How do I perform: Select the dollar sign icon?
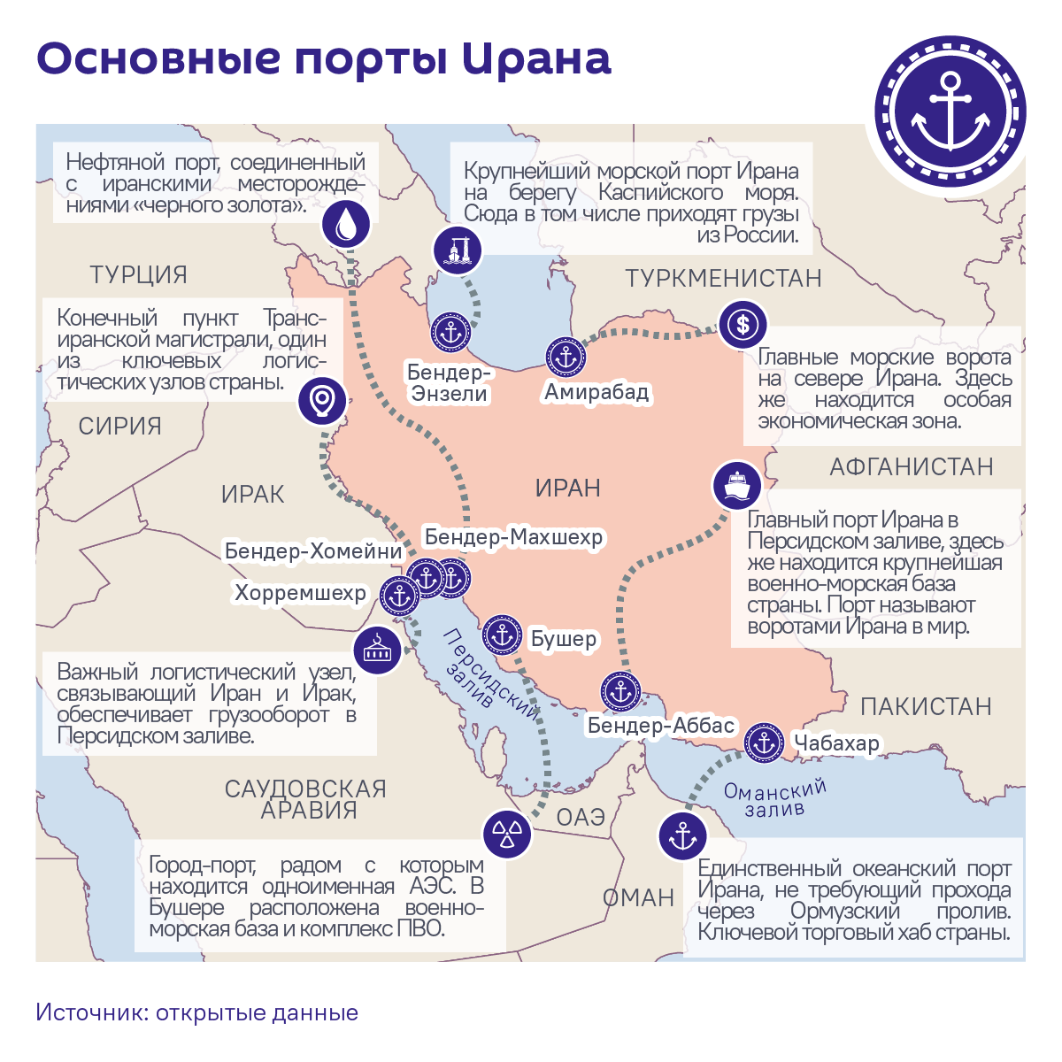pyautogui.click(x=743, y=325)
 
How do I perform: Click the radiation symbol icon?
pyautogui.click(x=507, y=834)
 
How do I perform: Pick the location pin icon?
pyautogui.click(x=321, y=400)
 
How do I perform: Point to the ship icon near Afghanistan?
pyautogui.click(x=737, y=484)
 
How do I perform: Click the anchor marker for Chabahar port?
pyautogui.click(x=763, y=743)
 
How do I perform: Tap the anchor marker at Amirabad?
pyautogui.click(x=566, y=358)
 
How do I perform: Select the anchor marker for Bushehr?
pyautogui.click(x=503, y=635)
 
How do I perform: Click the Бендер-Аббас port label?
pyautogui.click(x=661, y=727)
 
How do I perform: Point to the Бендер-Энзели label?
pyautogui.click(x=450, y=383)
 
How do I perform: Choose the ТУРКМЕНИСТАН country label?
pyautogui.click(x=724, y=278)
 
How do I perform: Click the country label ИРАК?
pyautogui.click(x=253, y=494)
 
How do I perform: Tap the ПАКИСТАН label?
pyautogui.click(x=926, y=706)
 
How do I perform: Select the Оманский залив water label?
pyautogui.click(x=774, y=797)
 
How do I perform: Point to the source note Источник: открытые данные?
pyautogui.click(x=197, y=1012)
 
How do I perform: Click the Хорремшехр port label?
pyautogui.click(x=300, y=593)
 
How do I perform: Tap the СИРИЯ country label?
pyautogui.click(x=120, y=426)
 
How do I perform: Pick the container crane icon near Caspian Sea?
pyautogui.click(x=458, y=249)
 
